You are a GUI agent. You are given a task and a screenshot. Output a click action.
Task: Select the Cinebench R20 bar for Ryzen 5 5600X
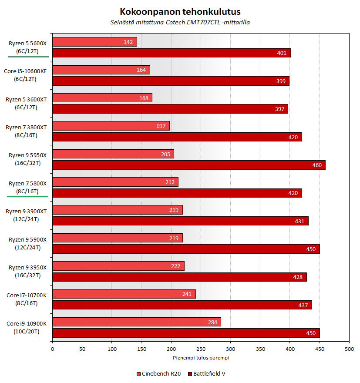pyautogui.click(x=94, y=42)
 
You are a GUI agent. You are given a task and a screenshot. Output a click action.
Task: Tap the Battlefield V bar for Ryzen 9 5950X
pyautogui.click(x=188, y=165)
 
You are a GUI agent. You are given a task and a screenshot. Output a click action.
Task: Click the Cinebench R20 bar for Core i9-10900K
pyautogui.click(x=136, y=322)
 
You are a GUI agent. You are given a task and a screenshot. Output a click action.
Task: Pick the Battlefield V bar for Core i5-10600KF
pyautogui.click(x=171, y=81)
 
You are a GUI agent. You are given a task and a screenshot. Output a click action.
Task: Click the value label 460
pyautogui.click(x=317, y=165)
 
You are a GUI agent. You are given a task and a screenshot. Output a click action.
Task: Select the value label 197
pyautogui.click(x=162, y=126)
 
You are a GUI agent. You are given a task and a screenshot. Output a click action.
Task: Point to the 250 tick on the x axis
pyautogui.click(x=201, y=349)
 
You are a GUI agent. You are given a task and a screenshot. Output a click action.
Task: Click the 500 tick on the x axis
pyautogui.click(x=349, y=349)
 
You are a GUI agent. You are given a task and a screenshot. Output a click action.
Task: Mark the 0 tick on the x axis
pyautogui.click(x=52, y=349)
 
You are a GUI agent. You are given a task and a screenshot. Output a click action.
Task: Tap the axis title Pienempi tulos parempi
pyautogui.click(x=200, y=358)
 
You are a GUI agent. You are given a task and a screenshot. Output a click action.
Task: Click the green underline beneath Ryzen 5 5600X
pyautogui.click(x=28, y=57)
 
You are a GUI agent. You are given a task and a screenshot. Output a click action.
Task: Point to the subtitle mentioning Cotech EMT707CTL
pyautogui.click(x=180, y=22)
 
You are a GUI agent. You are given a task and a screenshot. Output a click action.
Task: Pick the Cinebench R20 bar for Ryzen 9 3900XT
pyautogui.click(x=117, y=210)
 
